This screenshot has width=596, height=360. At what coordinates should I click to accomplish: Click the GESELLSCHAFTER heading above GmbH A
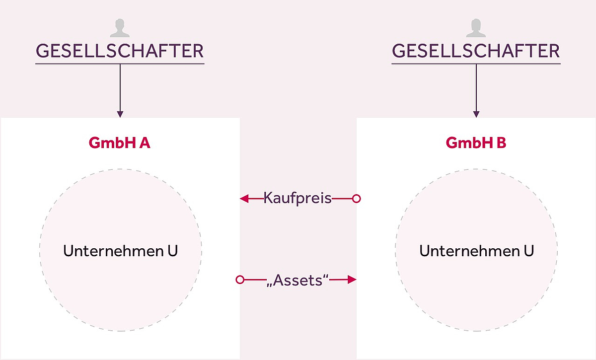120,51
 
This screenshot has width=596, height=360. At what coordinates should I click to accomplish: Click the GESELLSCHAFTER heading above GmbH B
476,51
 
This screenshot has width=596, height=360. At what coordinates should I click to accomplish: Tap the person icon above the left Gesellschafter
120,28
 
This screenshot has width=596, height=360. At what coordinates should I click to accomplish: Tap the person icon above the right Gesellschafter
476,28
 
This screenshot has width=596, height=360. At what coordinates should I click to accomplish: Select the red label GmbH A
120,143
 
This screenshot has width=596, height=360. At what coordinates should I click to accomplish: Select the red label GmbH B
476,143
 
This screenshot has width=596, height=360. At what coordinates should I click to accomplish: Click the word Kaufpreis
298,198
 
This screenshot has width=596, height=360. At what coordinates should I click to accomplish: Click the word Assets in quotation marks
298,280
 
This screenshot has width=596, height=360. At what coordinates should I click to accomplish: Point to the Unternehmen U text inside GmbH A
120,251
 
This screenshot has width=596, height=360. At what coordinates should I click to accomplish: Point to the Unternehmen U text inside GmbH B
476,251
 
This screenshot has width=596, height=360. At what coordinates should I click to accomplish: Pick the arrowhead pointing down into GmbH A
120,114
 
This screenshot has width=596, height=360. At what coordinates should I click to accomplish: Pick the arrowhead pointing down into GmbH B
476,114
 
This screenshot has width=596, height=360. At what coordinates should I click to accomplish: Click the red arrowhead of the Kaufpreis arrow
244,199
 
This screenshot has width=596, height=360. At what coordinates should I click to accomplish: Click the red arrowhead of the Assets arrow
352,280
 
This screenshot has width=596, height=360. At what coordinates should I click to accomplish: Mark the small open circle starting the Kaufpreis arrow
356,199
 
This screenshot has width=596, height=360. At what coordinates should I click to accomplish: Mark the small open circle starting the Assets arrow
240,280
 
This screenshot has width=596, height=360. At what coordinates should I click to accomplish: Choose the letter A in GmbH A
145,143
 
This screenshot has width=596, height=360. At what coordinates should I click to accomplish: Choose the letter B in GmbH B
501,143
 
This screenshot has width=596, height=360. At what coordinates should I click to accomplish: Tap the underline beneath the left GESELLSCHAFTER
120,64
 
